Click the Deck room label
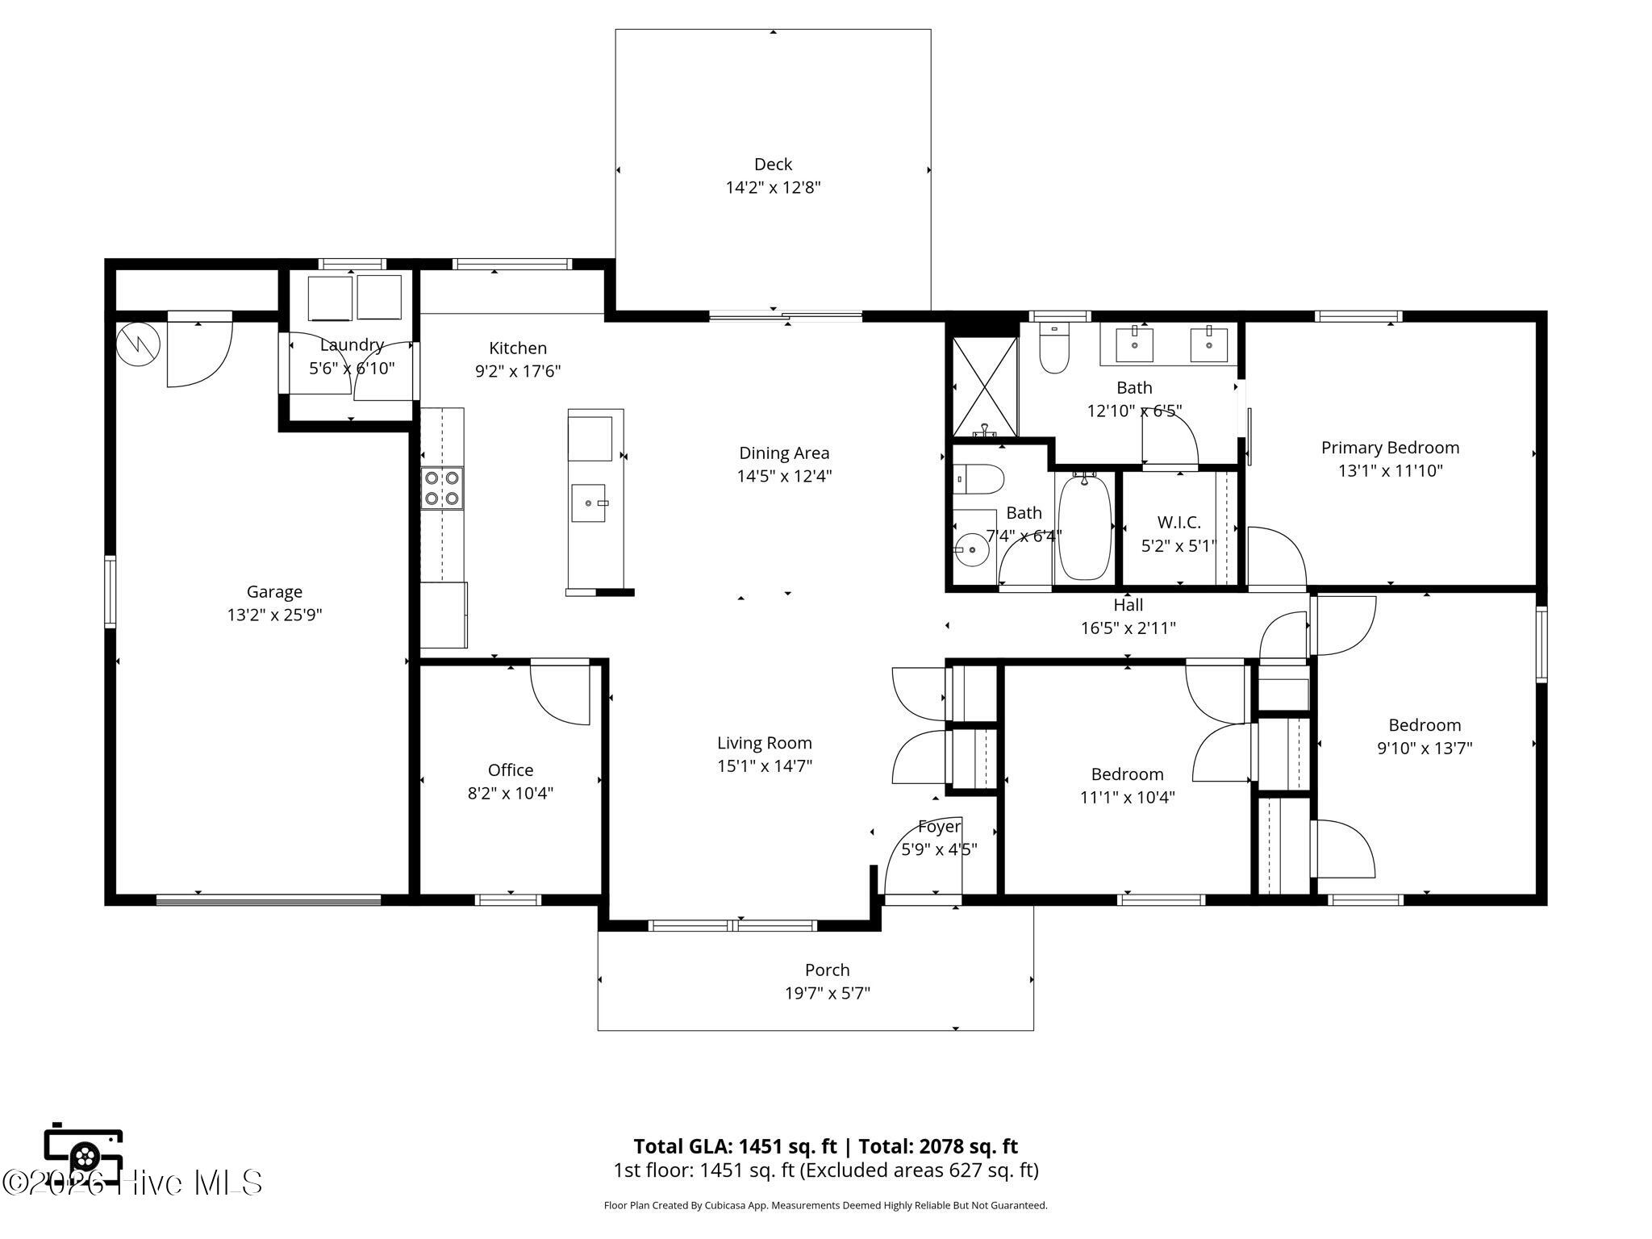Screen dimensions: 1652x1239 point(773,165)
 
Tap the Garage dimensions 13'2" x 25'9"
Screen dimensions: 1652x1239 point(274,615)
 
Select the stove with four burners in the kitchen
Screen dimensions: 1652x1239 point(442,488)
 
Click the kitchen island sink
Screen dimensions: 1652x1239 point(589,503)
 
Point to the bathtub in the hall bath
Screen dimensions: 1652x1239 point(1085,528)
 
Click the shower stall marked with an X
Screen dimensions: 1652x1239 point(984,386)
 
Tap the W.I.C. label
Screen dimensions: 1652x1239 point(1179,523)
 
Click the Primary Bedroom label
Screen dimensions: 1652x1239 point(1390,448)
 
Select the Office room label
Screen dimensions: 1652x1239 point(511,770)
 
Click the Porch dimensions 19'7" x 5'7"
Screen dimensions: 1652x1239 point(828,993)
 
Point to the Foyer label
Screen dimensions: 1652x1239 point(940,827)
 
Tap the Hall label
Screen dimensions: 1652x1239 point(1128,604)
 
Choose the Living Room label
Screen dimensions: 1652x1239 point(765,743)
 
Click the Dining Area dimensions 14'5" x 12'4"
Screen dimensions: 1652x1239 point(784,476)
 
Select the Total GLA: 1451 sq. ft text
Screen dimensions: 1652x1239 point(736,1146)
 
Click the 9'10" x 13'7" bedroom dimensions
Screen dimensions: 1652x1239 point(1425,749)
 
